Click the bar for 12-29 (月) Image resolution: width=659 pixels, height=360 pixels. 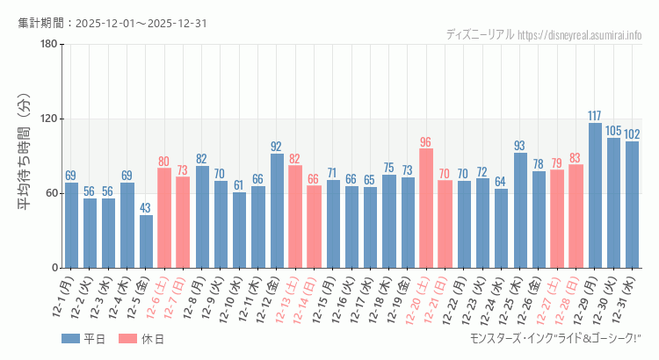tap(595, 195)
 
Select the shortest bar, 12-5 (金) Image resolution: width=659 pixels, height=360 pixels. tap(146, 241)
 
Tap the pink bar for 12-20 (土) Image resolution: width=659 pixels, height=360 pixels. tap(426, 208)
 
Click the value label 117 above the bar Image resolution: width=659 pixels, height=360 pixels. tap(595, 116)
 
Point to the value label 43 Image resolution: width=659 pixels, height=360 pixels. tap(146, 208)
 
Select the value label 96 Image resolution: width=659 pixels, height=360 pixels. tap(426, 142)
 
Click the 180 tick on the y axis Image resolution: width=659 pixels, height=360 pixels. tap(49, 45)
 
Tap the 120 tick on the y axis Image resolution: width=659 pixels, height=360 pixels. tap(49, 119)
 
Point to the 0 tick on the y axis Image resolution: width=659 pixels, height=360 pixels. tap(54, 268)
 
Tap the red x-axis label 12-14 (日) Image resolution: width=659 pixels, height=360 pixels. tap(307, 299)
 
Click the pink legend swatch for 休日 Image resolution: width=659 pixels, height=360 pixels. tap(128, 339)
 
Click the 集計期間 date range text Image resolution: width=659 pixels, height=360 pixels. tap(112, 23)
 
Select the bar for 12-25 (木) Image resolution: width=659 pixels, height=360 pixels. tap(520, 211)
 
